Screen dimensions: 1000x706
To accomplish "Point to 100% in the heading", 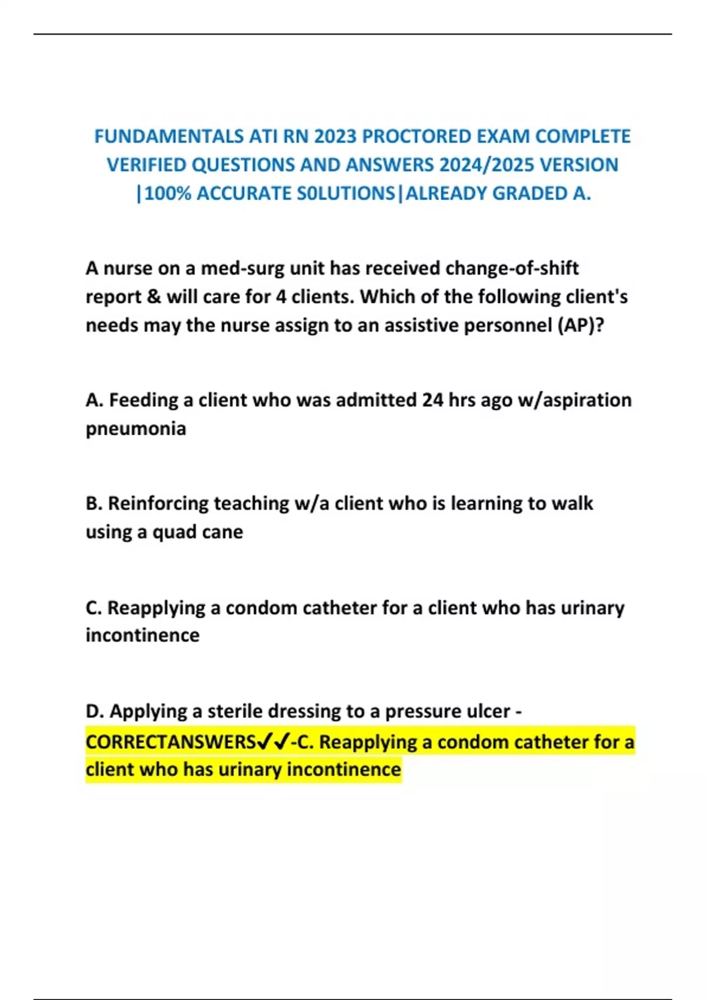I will click(168, 194).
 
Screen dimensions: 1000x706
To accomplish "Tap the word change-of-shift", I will click(512, 269).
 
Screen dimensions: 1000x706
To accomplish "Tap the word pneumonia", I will click(136, 429).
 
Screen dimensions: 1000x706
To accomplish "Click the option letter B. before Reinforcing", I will click(94, 504).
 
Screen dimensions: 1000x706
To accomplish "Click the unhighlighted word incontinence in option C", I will click(142, 635).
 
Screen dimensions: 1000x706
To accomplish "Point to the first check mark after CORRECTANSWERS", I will click(265, 742).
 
